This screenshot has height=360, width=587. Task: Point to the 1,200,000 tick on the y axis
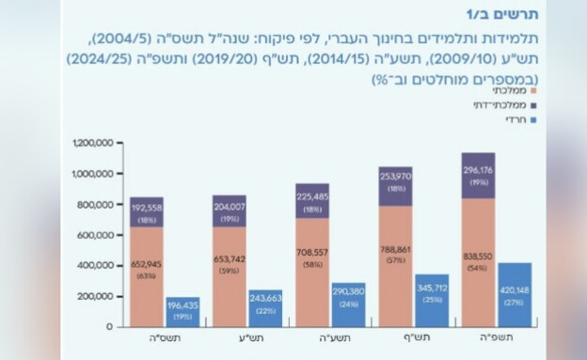(91, 143)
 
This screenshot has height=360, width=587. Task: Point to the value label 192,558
(147, 207)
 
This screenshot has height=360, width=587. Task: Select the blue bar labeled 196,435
(183, 311)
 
